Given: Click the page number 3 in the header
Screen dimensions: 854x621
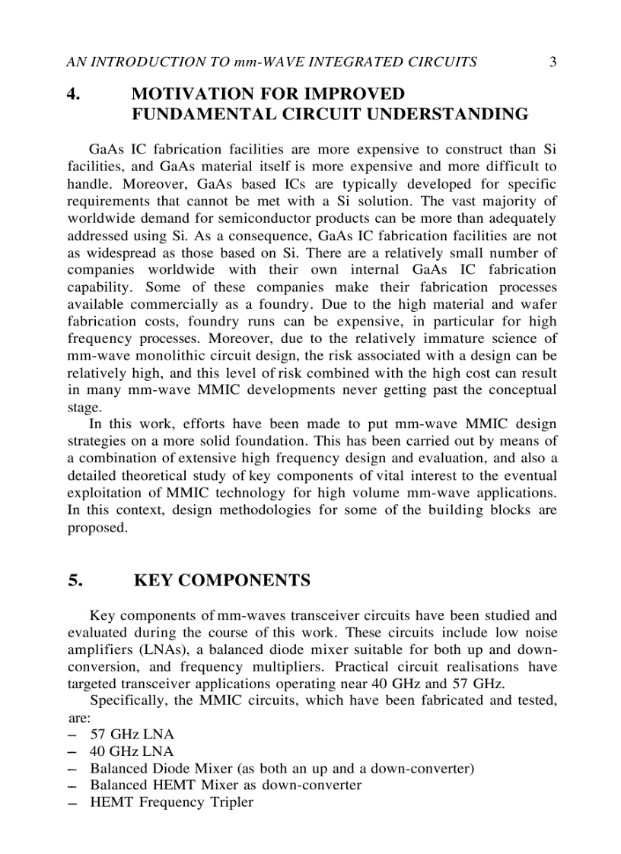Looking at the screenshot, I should (x=553, y=62).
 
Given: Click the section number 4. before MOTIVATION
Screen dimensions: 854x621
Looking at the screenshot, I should (x=74, y=94).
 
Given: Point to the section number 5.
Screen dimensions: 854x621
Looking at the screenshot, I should (x=74, y=581).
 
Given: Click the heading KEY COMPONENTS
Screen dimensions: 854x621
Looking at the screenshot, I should (x=221, y=581).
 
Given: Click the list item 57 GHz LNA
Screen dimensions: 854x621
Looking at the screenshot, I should (x=132, y=735).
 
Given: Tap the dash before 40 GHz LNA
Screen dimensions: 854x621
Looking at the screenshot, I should (x=72, y=751).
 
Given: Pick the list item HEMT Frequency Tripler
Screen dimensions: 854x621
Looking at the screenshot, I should (x=171, y=802).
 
